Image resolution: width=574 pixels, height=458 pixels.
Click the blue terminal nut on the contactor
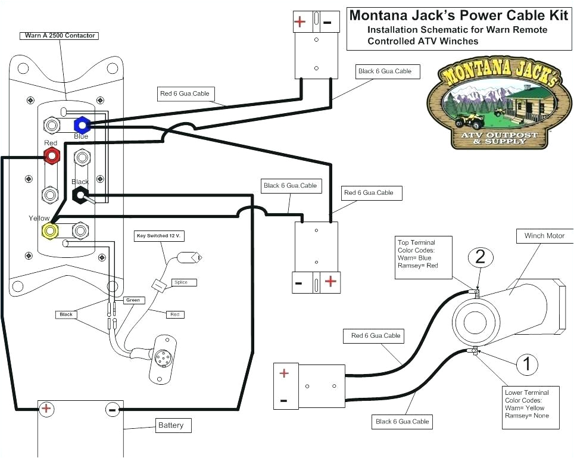82,125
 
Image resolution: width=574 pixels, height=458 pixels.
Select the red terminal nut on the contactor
52,156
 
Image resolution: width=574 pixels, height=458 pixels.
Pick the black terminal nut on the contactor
80,194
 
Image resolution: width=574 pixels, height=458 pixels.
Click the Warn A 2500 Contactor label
60,36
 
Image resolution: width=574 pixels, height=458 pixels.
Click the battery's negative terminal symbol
111,409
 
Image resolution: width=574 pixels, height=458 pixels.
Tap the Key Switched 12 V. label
159,236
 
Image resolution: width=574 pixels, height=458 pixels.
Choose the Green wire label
133,300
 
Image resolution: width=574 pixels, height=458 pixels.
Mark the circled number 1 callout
526,363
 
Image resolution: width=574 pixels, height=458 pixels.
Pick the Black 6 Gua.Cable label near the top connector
384,71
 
